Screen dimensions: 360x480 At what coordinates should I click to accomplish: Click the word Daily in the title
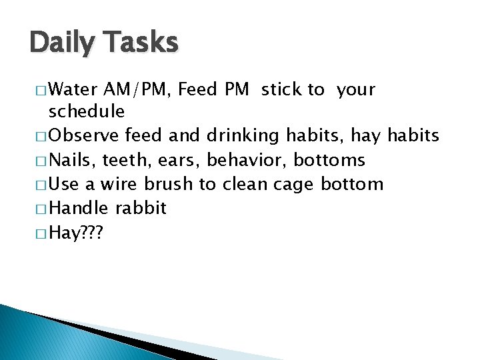[61, 43]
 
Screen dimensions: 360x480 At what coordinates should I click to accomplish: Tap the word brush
[167, 184]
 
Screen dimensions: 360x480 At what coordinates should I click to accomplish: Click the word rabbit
[141, 208]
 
